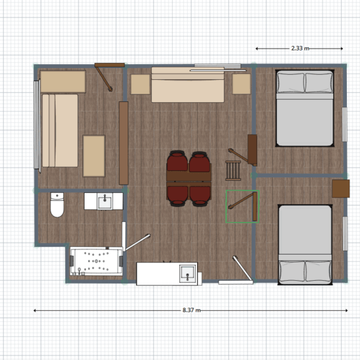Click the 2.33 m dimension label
click(x=300, y=48)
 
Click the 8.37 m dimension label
click(x=192, y=310)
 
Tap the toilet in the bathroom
click(x=57, y=205)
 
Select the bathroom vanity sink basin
click(x=105, y=202)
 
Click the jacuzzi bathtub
click(x=96, y=261)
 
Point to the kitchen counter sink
click(x=188, y=274)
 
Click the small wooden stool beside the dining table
click(x=233, y=170)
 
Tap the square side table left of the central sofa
click(x=140, y=84)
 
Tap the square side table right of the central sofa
click(x=242, y=84)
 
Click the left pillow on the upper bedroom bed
click(x=291, y=82)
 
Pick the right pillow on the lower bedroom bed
click(x=319, y=271)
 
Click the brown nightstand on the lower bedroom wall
click(x=341, y=189)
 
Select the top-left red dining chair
click(x=177, y=161)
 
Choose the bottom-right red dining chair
click(x=200, y=196)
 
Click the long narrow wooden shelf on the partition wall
click(x=124, y=143)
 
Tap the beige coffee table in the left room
click(x=94, y=156)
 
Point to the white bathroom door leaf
click(x=137, y=242)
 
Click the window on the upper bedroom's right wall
click(x=344, y=124)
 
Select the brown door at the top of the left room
click(x=109, y=65)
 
